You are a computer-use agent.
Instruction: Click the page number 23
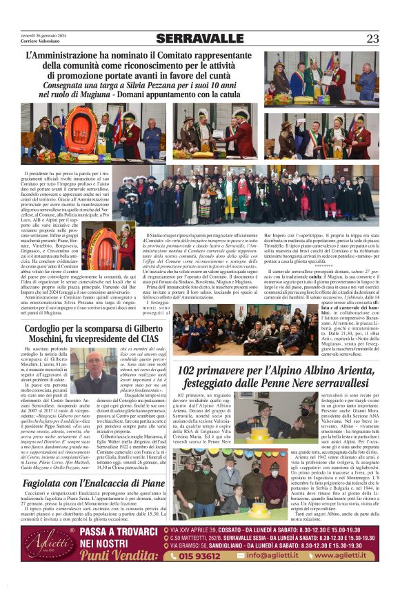tap(372, 39)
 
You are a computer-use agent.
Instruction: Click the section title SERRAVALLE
tap(199, 39)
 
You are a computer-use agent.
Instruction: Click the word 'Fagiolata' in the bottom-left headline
tap(49, 483)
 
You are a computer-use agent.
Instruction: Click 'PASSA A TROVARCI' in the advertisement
tap(117, 532)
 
